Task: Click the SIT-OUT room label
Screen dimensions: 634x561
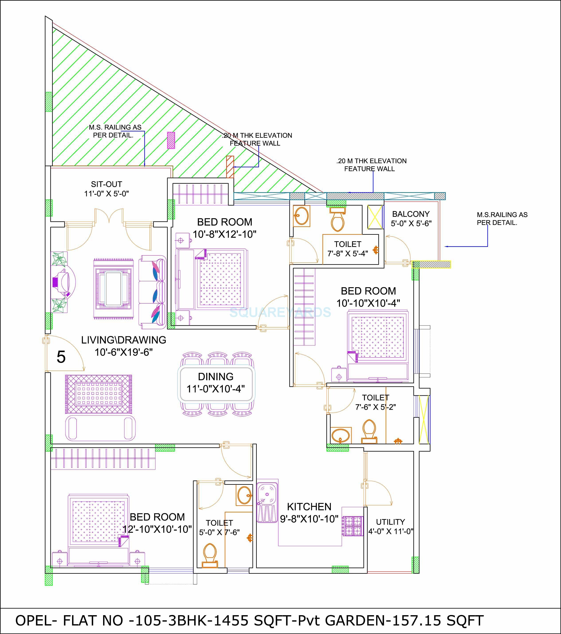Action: pyautogui.click(x=106, y=184)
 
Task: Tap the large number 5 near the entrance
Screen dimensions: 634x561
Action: pyautogui.click(x=61, y=357)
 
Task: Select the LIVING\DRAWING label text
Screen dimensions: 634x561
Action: pyautogui.click(x=124, y=340)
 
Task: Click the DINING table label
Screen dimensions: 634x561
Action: pyautogui.click(x=216, y=376)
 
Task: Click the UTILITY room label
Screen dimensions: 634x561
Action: pyautogui.click(x=390, y=522)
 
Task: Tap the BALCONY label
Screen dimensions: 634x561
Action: pyautogui.click(x=411, y=214)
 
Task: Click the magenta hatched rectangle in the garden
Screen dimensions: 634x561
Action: pyautogui.click(x=171, y=140)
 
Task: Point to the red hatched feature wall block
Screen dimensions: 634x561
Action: pyautogui.click(x=230, y=167)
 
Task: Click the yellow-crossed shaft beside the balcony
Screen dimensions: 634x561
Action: pyautogui.click(x=375, y=217)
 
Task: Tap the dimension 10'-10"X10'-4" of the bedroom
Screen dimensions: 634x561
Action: pyautogui.click(x=368, y=303)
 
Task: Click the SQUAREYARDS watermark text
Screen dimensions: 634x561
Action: pyautogui.click(x=280, y=312)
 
